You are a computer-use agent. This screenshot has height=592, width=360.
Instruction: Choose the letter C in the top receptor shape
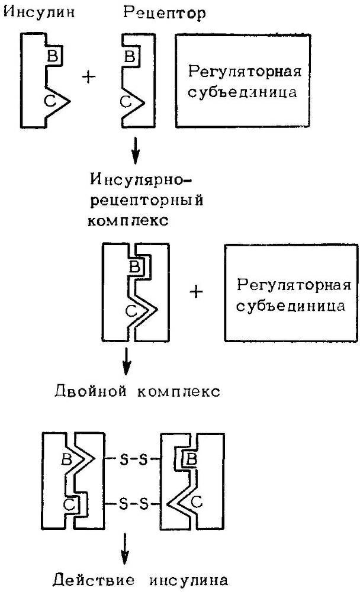click(x=126, y=102)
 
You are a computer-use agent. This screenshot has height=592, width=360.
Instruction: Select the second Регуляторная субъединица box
click(x=291, y=292)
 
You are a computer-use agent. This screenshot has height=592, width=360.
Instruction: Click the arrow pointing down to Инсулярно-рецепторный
click(x=136, y=152)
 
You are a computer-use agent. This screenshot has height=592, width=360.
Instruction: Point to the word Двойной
click(x=83, y=392)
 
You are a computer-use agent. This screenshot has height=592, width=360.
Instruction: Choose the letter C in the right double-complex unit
click(x=198, y=503)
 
